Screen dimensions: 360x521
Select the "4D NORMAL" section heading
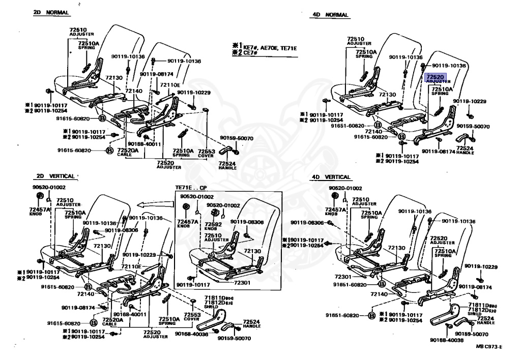(x=330, y=15)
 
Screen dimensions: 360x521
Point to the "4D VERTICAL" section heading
(x=331, y=177)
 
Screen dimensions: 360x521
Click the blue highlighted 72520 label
(x=435, y=77)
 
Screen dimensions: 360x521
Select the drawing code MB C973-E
(x=489, y=347)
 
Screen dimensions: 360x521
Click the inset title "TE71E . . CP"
(x=192, y=188)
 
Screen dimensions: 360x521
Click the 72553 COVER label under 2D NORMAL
(x=206, y=153)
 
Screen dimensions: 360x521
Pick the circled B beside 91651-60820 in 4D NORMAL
(x=378, y=125)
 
